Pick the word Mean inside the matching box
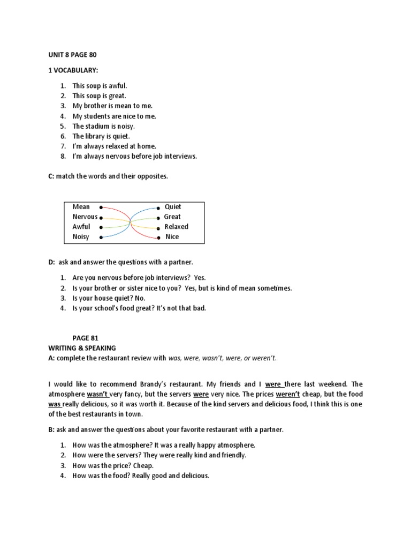click(x=81, y=207)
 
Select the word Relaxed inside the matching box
click(x=176, y=227)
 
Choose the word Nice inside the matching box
click(x=172, y=236)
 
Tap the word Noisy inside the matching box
click(x=81, y=236)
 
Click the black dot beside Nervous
click(x=101, y=218)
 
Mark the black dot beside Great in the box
click(x=158, y=218)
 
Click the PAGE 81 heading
click(x=86, y=338)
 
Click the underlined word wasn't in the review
click(x=98, y=395)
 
